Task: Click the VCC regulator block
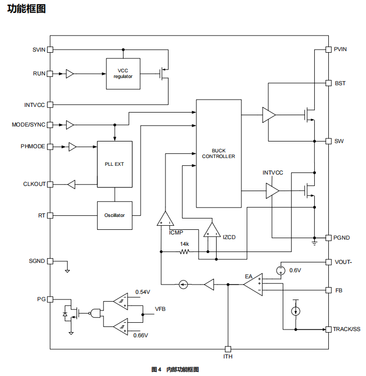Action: (123, 73)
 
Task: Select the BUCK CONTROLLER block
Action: (219, 153)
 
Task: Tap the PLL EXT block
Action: (114, 164)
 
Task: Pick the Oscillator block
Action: (114, 215)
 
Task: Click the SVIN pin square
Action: (50, 50)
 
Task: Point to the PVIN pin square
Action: (328, 50)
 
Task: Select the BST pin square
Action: (328, 83)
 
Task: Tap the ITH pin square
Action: (228, 349)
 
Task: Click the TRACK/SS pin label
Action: (346, 329)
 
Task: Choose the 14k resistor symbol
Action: (184, 252)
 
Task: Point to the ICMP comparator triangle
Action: (165, 218)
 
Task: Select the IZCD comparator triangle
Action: (211, 229)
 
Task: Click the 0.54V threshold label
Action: (143, 292)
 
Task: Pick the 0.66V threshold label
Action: (141, 336)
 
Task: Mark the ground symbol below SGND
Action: (67, 270)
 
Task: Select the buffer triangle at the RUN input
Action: (70, 74)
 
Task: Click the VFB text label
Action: (161, 309)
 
